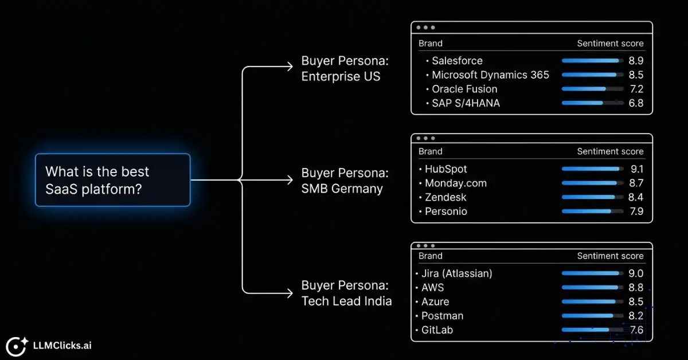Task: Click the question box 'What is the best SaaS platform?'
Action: pyautogui.click(x=112, y=180)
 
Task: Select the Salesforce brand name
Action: pyautogui.click(x=457, y=61)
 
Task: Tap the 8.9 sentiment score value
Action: pyautogui.click(x=636, y=61)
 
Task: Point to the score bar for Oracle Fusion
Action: pyautogui.click(x=592, y=89)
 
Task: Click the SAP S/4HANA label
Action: pyautogui.click(x=466, y=103)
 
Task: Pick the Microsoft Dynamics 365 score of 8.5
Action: pyautogui.click(x=636, y=75)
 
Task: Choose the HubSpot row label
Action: pyautogui.click(x=445, y=169)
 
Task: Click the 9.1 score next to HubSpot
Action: pyautogui.click(x=636, y=169)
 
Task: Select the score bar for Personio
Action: pyautogui.click(x=592, y=212)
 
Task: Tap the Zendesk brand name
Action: pyautogui.click(x=445, y=197)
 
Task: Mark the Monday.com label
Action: pyautogui.click(x=455, y=183)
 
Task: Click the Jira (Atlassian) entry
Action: pyautogui.click(x=456, y=273)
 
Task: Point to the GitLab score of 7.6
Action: pyautogui.click(x=636, y=330)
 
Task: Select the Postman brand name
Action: pyautogui.click(x=442, y=316)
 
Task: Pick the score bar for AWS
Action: pyautogui.click(x=592, y=288)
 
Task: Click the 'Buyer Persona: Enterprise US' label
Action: pyautogui.click(x=345, y=69)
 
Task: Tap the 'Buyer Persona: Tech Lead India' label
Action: pyautogui.click(x=346, y=293)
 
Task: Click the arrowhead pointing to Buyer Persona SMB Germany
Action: pyautogui.click(x=289, y=180)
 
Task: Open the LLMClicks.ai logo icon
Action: pyautogui.click(x=17, y=345)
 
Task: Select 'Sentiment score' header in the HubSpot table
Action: pyautogui.click(x=610, y=151)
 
